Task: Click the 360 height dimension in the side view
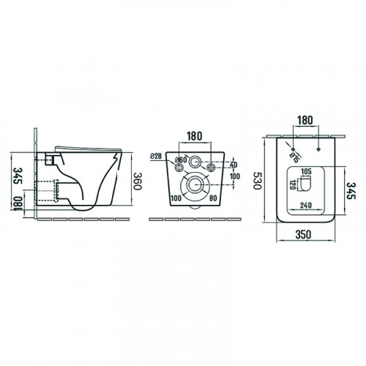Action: [x=138, y=182]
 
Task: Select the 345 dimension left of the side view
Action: [x=18, y=176]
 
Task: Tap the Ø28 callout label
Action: [x=156, y=156]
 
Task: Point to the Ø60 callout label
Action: [x=181, y=160]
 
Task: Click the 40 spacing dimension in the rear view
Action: [x=234, y=165]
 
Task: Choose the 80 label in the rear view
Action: [x=213, y=198]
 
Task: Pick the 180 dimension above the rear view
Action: [x=195, y=136]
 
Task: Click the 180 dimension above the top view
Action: [x=305, y=120]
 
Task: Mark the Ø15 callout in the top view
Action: [x=294, y=157]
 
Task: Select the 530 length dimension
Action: [x=258, y=181]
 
